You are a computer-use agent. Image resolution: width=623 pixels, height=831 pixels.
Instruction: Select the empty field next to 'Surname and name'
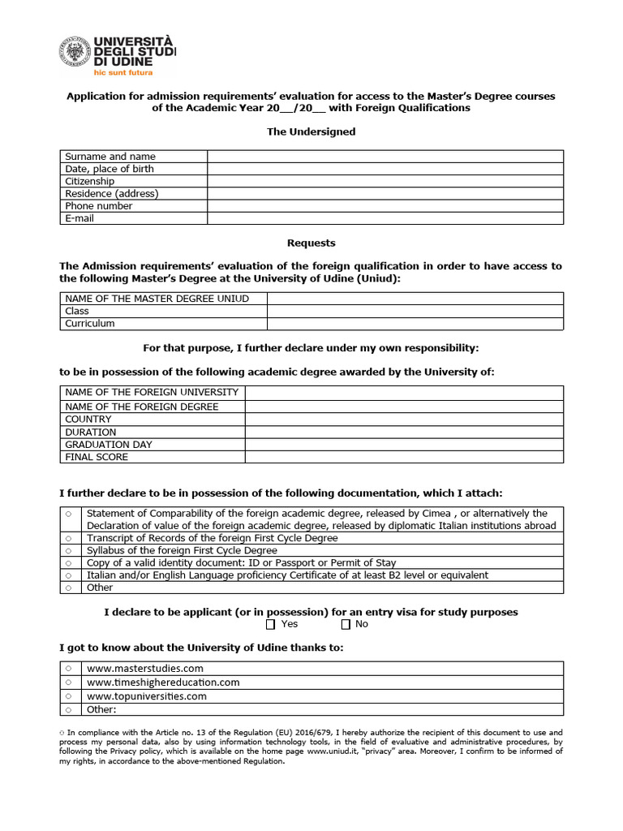point(385,157)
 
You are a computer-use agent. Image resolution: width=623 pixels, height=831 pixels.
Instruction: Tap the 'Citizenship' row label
point(90,181)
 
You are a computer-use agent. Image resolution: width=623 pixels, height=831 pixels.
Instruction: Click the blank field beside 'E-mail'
point(385,218)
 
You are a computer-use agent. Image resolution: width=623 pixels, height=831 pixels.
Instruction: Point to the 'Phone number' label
point(99,206)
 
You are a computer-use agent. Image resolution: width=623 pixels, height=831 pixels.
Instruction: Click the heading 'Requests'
point(311,243)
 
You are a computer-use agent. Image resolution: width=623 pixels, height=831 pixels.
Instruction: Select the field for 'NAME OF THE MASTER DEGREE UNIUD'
point(415,299)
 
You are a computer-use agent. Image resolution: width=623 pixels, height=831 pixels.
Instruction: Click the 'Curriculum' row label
point(90,323)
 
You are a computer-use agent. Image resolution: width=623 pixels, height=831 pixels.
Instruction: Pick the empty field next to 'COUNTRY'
point(403,420)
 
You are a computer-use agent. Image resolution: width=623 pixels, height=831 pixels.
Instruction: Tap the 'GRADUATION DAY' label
point(109,444)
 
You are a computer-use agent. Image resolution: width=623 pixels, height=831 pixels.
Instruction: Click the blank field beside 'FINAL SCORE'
point(403,457)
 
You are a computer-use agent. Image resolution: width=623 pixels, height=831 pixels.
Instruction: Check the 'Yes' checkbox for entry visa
point(271,624)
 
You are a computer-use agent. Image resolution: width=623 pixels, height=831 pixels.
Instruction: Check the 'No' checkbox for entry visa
point(346,624)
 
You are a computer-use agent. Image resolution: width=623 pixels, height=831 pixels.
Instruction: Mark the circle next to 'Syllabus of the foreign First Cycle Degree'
point(69,550)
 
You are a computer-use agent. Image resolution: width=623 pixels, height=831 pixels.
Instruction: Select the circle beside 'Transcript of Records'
point(69,538)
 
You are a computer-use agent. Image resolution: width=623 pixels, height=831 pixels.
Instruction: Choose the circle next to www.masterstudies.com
point(69,668)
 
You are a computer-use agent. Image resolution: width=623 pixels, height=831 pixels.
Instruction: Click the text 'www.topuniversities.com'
point(147,696)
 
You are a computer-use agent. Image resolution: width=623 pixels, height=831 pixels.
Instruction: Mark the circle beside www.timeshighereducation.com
point(69,683)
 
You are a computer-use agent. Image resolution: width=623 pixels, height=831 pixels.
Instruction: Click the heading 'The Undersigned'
point(311,131)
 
